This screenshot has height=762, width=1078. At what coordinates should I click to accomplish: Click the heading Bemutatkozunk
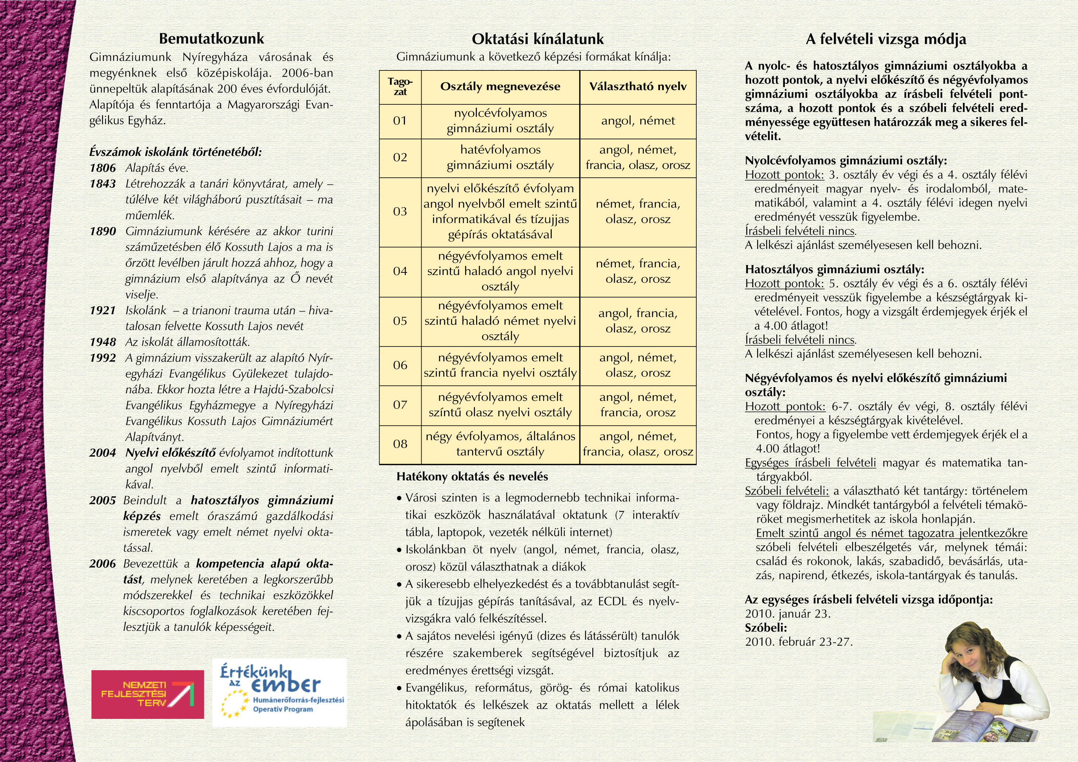pos(211,38)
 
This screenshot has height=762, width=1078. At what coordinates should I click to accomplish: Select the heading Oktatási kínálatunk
pos(538,39)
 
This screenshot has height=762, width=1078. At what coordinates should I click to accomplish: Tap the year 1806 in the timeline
pos(103,168)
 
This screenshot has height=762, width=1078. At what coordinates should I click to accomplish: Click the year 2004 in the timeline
pos(103,453)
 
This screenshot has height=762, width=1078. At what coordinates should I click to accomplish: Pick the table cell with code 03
pos(400,212)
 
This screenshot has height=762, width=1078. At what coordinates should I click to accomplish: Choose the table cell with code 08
pos(400,444)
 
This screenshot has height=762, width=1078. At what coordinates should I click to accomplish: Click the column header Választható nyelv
pos(638,87)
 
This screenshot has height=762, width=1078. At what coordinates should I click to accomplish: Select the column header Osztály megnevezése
pos(500,87)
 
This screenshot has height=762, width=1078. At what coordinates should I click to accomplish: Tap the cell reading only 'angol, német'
pos(638,121)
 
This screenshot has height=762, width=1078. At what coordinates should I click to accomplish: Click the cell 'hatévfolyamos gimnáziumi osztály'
pos(500,158)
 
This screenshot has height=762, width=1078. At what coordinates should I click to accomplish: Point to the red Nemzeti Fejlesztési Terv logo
pos(148,694)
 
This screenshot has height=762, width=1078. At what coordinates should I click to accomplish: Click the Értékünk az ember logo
pos(279,693)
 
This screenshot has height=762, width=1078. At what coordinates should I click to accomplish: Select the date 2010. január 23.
pos(788,614)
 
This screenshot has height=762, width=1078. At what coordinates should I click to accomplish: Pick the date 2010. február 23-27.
pos(798,642)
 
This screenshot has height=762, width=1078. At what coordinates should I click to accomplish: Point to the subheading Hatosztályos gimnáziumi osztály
pos(834,269)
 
